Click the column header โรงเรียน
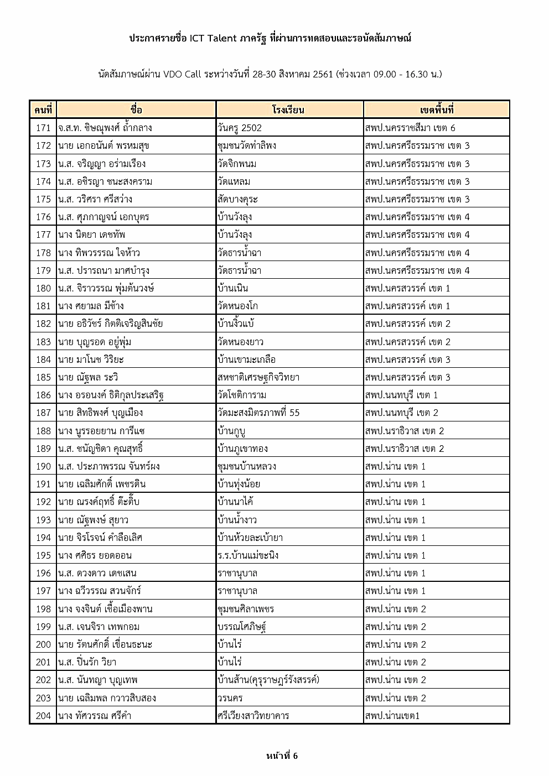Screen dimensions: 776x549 (x=288, y=110)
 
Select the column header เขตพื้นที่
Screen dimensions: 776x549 (x=437, y=110)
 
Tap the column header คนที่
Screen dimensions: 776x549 (x=43, y=110)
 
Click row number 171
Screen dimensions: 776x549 (x=43, y=128)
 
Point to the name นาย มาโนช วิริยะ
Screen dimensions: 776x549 (x=91, y=360)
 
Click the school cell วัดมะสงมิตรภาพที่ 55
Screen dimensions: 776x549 (x=259, y=413)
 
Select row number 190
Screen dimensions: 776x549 (x=43, y=466)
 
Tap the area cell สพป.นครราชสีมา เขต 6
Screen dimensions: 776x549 (x=410, y=128)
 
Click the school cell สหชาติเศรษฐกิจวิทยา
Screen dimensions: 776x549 (x=258, y=377)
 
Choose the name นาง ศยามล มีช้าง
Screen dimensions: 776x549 (x=91, y=306)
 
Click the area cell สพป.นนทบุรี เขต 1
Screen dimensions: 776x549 (x=401, y=395)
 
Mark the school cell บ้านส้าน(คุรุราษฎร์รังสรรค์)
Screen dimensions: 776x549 (x=268, y=680)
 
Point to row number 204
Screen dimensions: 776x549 (x=43, y=716)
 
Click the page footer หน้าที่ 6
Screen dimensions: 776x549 (x=282, y=756)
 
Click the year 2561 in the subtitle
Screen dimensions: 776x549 (x=323, y=74)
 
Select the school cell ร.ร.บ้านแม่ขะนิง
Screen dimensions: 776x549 (x=248, y=555)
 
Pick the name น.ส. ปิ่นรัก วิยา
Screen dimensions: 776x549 (x=87, y=662)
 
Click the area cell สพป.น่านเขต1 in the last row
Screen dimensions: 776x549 (x=392, y=716)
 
